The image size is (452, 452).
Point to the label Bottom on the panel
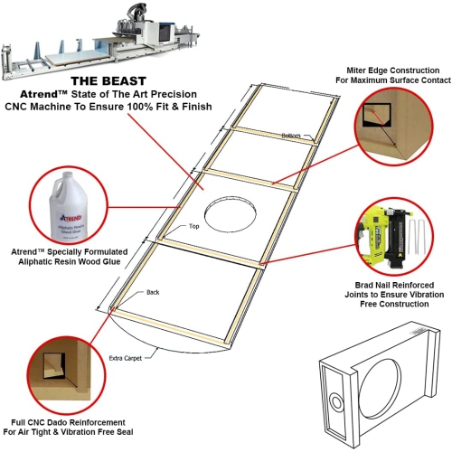tap(290, 136)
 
